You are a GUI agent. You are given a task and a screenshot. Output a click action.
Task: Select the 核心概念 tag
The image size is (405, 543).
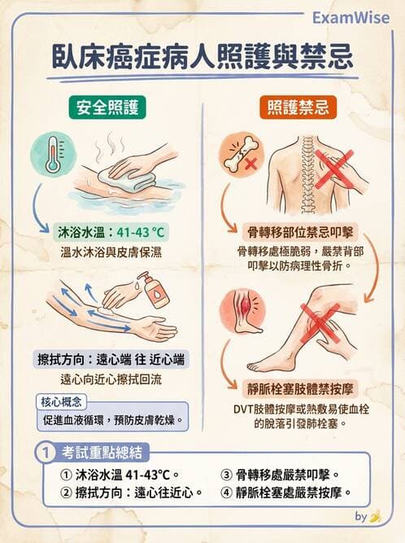click(x=60, y=401)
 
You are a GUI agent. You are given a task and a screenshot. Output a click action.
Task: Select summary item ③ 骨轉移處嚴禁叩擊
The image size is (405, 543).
click(x=280, y=474)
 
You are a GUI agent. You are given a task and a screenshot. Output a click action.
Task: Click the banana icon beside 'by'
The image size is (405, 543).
click(x=375, y=517)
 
